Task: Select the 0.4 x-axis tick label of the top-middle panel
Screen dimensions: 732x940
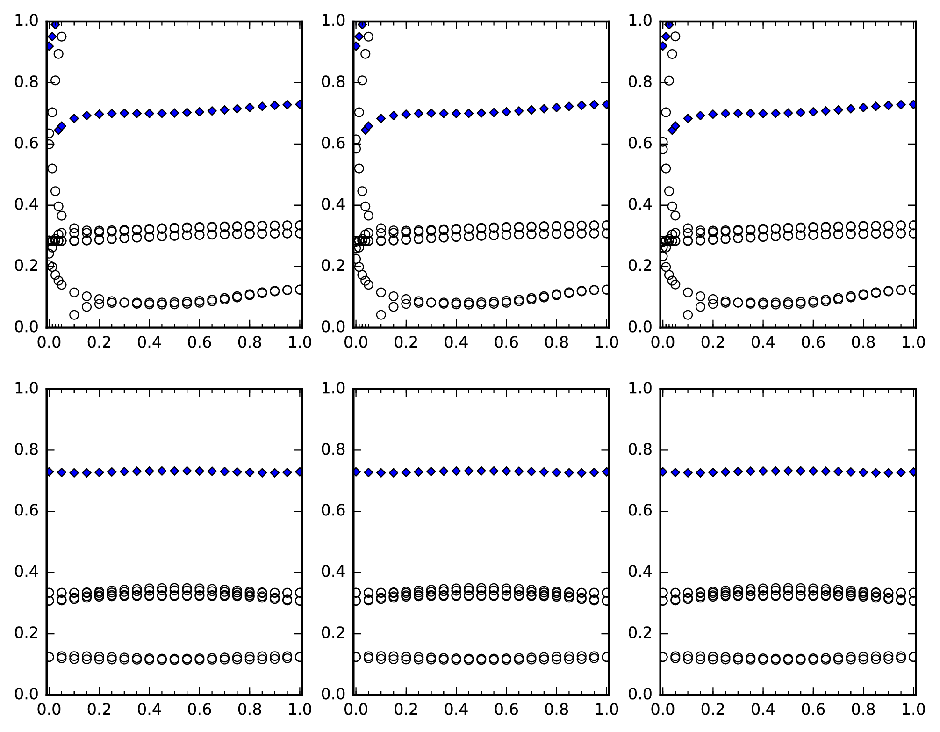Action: pos(456,343)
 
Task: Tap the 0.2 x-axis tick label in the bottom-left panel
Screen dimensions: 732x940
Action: pos(99,710)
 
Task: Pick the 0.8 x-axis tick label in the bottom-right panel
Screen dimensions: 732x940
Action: pos(863,710)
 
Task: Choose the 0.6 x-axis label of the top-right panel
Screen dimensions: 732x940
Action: pos(813,343)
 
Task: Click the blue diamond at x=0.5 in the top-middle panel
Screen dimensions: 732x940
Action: pos(481,113)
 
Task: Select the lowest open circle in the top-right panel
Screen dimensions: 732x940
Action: pos(688,315)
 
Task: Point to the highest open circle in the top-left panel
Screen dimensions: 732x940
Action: pos(62,36)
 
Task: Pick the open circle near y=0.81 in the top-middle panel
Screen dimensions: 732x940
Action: pos(362,80)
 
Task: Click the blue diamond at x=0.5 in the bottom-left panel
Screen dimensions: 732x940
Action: pos(174,471)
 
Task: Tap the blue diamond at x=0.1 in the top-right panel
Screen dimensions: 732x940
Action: pos(688,118)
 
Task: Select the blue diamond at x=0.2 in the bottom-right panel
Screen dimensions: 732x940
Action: pos(713,472)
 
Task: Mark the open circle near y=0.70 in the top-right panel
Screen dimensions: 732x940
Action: pos(666,112)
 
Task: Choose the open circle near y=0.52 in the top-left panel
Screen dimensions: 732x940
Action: pos(52,168)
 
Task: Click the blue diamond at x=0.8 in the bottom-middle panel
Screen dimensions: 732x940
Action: pos(557,472)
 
